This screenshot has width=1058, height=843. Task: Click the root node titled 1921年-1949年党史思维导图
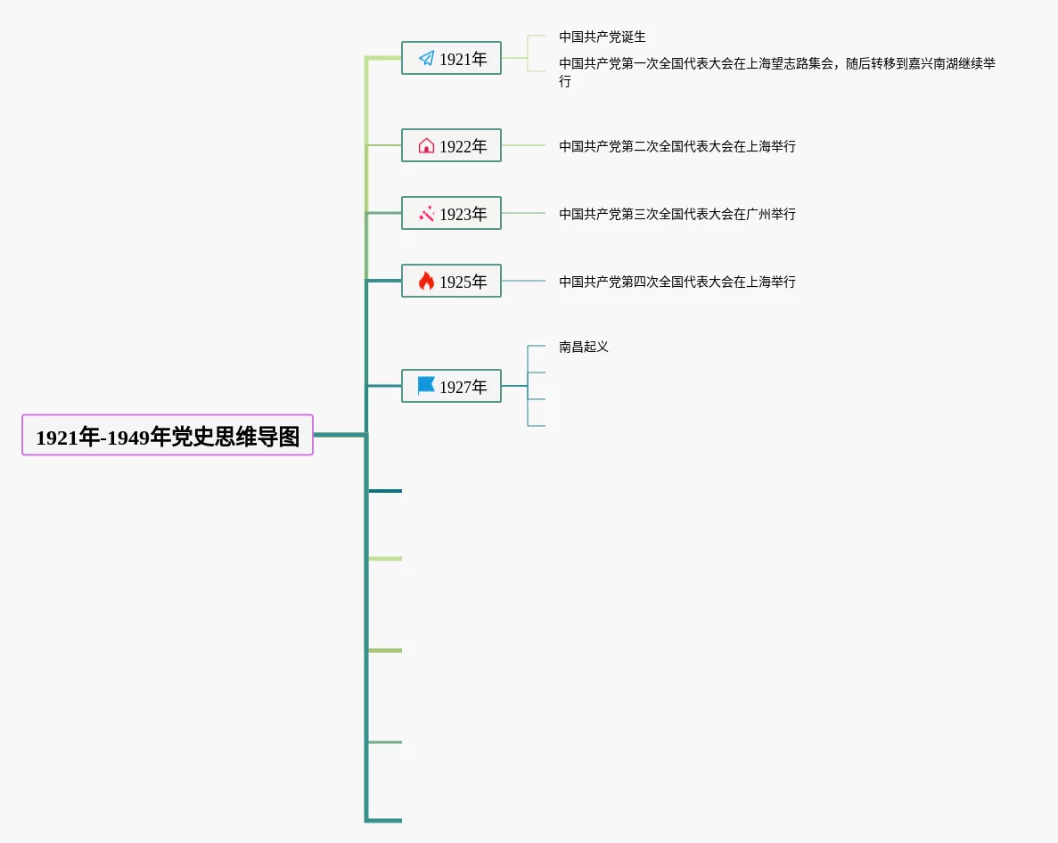[168, 435]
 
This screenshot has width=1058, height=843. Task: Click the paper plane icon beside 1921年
[426, 59]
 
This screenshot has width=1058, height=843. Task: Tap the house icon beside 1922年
[426, 145]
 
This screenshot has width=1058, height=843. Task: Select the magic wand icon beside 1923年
[426, 214]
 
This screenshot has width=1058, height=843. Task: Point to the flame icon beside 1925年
[426, 282]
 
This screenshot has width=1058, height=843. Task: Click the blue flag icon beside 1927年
[426, 386]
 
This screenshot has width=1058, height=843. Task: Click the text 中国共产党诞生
[603, 37]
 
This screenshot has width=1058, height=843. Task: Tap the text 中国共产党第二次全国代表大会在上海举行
[677, 146]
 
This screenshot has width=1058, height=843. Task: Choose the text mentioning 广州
[677, 214]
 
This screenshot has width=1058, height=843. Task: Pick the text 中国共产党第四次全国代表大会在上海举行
[677, 282]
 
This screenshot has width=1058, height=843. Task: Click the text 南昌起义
[584, 347]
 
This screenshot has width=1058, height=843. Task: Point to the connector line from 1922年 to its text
[523, 145]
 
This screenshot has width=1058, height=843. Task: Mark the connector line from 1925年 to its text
[523, 281]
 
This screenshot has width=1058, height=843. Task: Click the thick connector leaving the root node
[340, 435]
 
